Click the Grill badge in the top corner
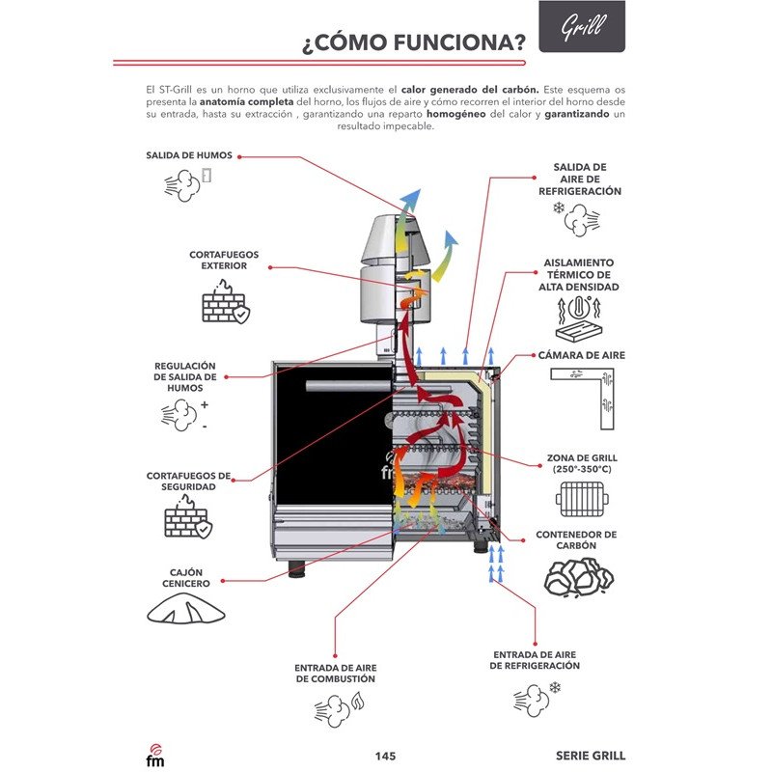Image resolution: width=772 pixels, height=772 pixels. click(581, 26)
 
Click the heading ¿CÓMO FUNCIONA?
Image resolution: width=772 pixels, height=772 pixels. click(414, 42)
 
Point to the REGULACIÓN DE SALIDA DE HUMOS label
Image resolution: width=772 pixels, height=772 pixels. click(185, 376)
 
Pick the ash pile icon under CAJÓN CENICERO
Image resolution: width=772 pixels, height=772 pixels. click(187, 608)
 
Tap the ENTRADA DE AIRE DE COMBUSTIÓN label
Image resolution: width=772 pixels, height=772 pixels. click(335, 673)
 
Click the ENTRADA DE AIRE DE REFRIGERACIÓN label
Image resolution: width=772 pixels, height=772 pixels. click(536, 660)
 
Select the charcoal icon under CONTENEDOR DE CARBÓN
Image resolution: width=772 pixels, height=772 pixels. click(579, 577)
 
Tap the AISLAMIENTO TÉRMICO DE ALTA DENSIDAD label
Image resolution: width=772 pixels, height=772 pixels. click(579, 274)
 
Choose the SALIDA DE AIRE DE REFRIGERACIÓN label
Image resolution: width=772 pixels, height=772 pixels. click(579, 179)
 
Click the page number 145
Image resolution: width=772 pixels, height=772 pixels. click(385, 756)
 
